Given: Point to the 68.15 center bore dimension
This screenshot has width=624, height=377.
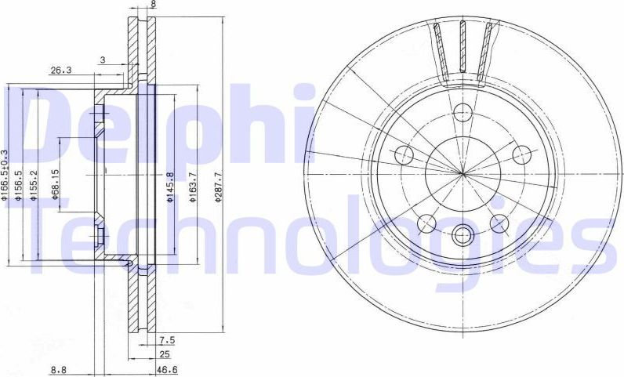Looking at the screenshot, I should tap(56, 185).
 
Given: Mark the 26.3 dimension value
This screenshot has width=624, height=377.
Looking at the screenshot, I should tap(61, 70).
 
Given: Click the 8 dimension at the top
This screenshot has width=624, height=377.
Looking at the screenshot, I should tap(153, 5).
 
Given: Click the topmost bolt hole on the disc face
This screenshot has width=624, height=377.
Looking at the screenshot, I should tap(463, 111).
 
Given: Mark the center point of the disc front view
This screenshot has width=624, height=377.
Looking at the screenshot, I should tap(463, 172).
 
